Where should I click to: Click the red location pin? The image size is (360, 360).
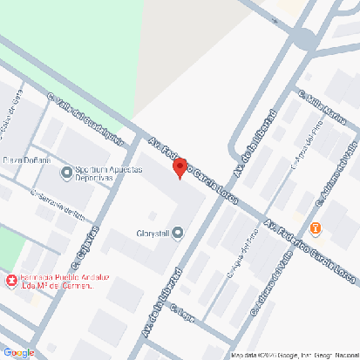(x=180, y=167)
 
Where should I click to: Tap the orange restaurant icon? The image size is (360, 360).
(x=316, y=229)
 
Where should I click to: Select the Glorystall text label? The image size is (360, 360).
(x=153, y=233)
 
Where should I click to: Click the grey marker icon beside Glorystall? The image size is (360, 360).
(x=179, y=233)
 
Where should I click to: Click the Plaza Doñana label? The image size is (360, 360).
(x=26, y=160)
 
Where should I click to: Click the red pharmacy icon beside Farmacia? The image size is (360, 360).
(x=10, y=281)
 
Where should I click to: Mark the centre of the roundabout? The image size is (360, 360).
(x=306, y=38)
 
